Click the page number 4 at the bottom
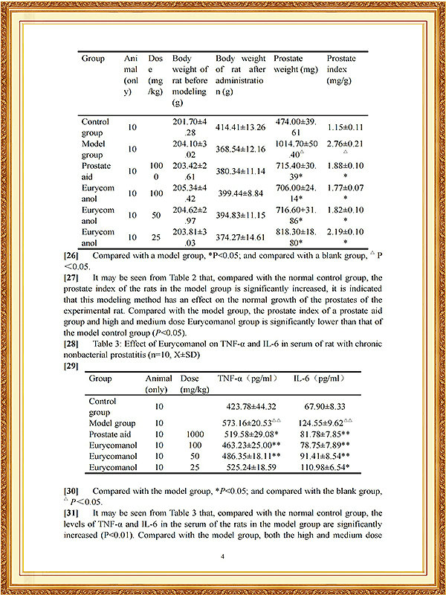(x=222, y=555)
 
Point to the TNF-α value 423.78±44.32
(x=244, y=407)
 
